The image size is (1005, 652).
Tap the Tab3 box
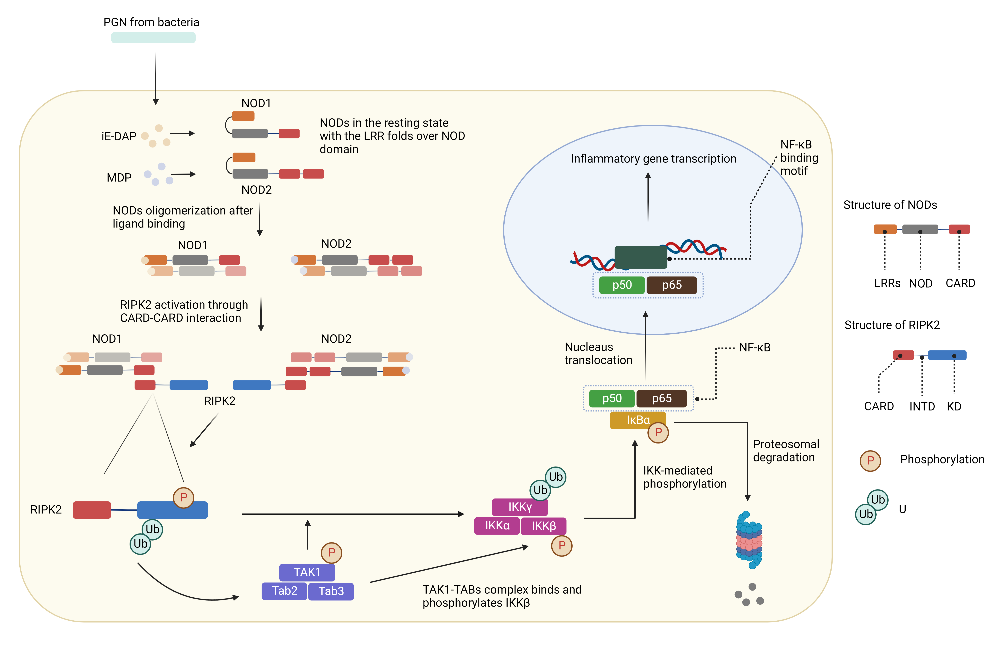tap(331, 591)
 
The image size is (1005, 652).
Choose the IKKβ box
tap(543, 526)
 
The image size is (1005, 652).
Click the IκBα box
tap(638, 420)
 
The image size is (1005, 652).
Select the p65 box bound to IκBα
tap(661, 398)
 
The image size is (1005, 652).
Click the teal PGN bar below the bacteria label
tap(153, 38)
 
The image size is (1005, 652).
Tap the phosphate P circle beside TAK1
tap(331, 552)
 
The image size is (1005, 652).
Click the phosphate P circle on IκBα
tap(658, 432)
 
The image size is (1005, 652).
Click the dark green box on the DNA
tap(641, 257)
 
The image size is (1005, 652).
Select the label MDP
tap(119, 178)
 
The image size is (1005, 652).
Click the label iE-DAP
tap(119, 136)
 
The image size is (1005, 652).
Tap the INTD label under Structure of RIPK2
tap(922, 406)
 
